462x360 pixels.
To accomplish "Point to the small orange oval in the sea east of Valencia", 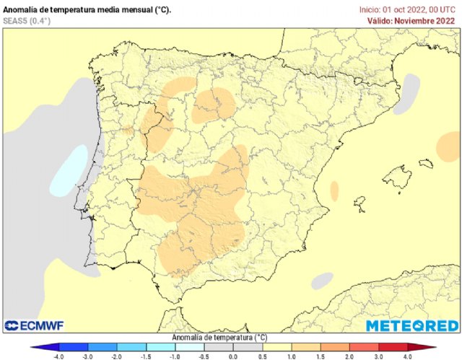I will tap(334, 190).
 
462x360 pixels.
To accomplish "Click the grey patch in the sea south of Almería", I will tap(322, 280).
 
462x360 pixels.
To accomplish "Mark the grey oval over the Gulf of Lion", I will tap(409, 89).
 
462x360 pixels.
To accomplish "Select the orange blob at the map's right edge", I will tap(449, 147).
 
